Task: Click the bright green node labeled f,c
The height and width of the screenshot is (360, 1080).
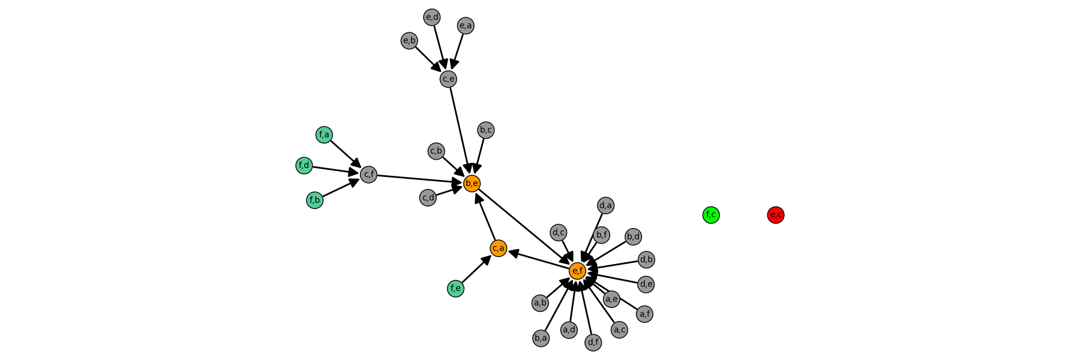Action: (x=711, y=215)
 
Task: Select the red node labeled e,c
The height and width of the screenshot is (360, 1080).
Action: (x=776, y=215)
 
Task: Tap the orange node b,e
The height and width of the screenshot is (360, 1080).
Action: (x=472, y=183)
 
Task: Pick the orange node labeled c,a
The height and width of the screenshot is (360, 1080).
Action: (x=499, y=248)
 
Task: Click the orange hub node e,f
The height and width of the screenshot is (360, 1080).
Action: (x=577, y=271)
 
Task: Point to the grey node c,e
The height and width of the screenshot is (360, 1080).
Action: (x=448, y=79)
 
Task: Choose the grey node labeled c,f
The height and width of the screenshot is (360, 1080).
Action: (x=368, y=175)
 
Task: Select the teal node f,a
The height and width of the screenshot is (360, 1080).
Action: (x=324, y=135)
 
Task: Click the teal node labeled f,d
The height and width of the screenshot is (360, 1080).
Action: (x=304, y=166)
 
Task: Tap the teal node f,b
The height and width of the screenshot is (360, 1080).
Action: (x=315, y=200)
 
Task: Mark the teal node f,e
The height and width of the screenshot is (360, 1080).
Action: (x=455, y=289)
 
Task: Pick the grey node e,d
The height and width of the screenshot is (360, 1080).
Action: (x=432, y=17)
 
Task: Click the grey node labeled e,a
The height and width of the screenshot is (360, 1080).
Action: (x=466, y=25)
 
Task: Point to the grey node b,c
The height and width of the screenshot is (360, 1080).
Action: (x=486, y=130)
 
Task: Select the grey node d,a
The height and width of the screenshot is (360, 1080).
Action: (x=605, y=206)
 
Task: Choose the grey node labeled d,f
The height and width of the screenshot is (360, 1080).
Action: (x=593, y=343)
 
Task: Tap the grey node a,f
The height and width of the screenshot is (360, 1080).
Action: (x=644, y=314)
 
